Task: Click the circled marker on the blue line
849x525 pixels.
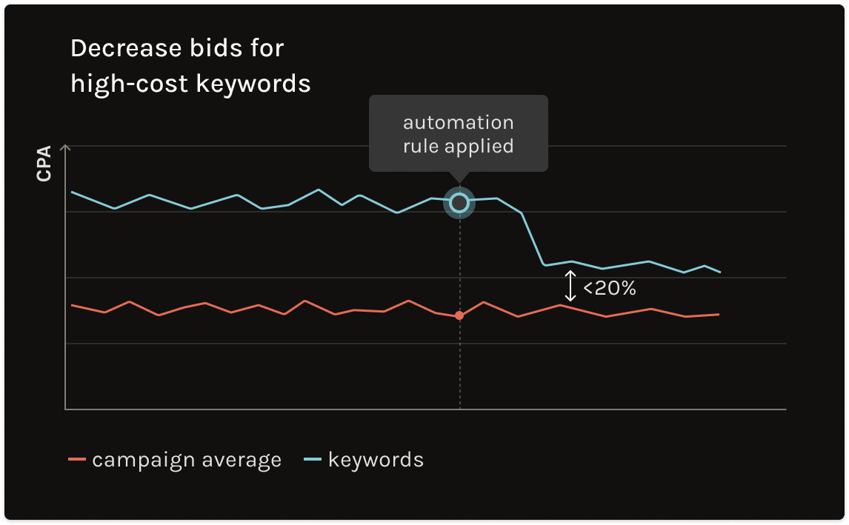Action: [x=459, y=202]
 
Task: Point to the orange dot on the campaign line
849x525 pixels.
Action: [x=459, y=315]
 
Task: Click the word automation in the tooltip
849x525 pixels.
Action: [x=458, y=122]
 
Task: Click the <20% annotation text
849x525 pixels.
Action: [x=609, y=288]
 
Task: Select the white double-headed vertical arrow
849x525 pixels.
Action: [x=570, y=286]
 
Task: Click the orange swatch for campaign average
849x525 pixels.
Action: [x=77, y=460]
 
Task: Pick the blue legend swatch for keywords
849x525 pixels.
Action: [x=313, y=460]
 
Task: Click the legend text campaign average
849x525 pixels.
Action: [x=187, y=460]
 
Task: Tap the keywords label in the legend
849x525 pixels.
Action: [x=376, y=460]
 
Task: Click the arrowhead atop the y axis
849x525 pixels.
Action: [x=65, y=147]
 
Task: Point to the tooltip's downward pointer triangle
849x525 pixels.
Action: [x=459, y=177]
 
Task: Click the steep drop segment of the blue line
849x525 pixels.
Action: [x=533, y=238]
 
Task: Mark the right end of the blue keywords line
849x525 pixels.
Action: [x=720, y=272]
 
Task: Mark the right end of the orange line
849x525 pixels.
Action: [x=719, y=315]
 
